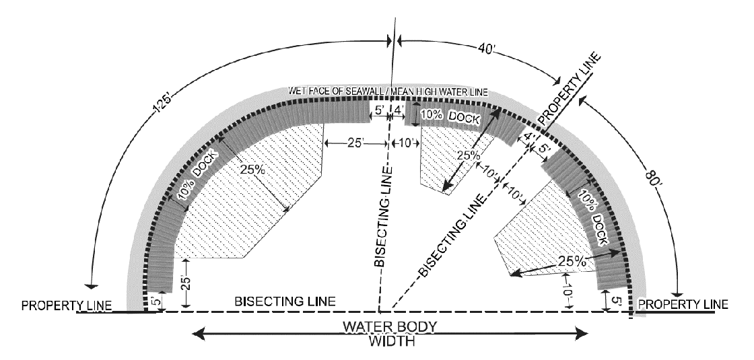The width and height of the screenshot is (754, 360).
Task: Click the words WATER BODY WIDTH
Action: [x=390, y=333]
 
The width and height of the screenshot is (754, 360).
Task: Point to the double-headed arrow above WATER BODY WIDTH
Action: [x=390, y=331]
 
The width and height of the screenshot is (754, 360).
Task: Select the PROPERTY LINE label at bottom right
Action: [x=683, y=304]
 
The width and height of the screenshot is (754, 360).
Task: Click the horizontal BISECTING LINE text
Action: [x=284, y=301]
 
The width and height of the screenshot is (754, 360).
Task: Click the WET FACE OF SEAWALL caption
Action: [x=387, y=92]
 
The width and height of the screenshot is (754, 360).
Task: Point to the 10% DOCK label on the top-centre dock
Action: [x=450, y=116]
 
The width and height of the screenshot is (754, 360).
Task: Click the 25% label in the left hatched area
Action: [x=252, y=170]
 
